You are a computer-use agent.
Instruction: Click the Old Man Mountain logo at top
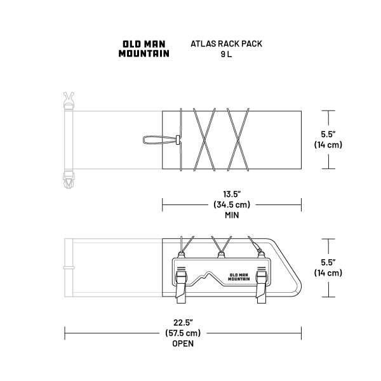[144, 49]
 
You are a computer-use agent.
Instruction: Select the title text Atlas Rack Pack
[226, 44]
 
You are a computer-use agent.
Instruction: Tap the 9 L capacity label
[226, 54]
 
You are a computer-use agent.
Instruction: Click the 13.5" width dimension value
[232, 194]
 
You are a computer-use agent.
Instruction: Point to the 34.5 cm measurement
[232, 204]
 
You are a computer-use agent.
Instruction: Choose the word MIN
[232, 215]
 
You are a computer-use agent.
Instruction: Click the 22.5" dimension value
[183, 323]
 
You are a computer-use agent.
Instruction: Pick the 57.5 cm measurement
[183, 333]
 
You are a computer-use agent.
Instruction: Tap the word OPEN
[183, 344]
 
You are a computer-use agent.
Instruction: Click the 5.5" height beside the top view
[328, 134]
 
